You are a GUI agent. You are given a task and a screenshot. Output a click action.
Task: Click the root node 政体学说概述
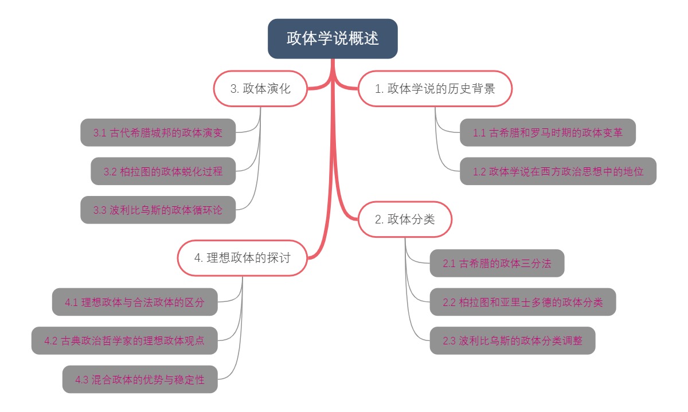[333, 38]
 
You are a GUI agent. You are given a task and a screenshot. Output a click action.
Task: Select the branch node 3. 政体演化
[260, 89]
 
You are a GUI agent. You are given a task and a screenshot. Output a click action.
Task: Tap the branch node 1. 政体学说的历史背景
[435, 89]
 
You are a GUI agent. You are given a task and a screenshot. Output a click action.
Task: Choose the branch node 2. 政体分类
[405, 219]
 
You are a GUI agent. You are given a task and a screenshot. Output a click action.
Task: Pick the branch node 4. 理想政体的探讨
[242, 258]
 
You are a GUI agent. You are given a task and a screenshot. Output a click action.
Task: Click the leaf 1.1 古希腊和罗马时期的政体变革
[548, 132]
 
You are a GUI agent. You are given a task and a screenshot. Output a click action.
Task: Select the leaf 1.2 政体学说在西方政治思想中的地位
[558, 171]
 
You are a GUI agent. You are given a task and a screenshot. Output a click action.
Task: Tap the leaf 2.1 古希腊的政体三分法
[497, 263]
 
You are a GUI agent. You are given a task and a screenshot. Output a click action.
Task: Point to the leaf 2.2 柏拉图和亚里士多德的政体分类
[522, 302]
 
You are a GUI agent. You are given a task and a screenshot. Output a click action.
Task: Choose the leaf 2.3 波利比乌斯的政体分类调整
[512, 340]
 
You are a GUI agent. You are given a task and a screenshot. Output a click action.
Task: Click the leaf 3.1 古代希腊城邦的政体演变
[158, 132]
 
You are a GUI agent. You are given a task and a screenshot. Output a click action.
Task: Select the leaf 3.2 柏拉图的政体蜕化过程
[163, 171]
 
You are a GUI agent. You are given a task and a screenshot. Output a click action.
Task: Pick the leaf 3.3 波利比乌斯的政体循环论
[158, 210]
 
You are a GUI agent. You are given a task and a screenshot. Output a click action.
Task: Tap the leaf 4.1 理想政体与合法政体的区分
[135, 302]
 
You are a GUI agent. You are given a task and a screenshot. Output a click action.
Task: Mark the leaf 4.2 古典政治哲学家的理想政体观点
[124, 340]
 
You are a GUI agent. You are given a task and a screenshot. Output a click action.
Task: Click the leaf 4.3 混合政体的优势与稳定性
[140, 379]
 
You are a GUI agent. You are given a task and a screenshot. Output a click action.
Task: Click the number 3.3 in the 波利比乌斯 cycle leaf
[100, 210]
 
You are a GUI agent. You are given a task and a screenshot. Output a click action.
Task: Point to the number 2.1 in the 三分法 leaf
[449, 264]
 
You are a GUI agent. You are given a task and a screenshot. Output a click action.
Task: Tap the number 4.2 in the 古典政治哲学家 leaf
[50, 341]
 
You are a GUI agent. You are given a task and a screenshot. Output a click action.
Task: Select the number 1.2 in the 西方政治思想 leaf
[479, 172]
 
